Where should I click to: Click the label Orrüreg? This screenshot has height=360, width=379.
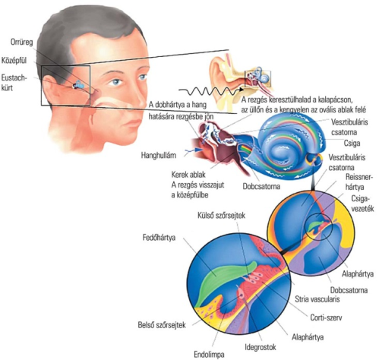(x=21, y=43)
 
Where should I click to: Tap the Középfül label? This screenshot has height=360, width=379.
(x=14, y=61)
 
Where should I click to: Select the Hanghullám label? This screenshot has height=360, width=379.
(x=158, y=155)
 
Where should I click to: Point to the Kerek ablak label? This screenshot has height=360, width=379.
(x=188, y=175)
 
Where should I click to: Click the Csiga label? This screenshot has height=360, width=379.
(x=352, y=144)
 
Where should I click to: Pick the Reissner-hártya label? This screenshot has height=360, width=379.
(x=359, y=182)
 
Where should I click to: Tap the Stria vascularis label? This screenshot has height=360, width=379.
(x=317, y=299)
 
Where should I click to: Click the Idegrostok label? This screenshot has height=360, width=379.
(x=261, y=347)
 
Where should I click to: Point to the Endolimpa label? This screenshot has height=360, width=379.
(x=209, y=355)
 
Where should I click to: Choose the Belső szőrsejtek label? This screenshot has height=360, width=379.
(x=162, y=325)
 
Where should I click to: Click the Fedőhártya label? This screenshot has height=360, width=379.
(x=159, y=238)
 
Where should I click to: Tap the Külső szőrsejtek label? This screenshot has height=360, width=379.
(x=221, y=216)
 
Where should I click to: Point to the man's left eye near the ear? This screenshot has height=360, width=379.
(x=116, y=82)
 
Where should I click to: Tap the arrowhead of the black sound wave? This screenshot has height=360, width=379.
(x=242, y=90)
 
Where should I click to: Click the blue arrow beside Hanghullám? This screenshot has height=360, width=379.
(x=194, y=150)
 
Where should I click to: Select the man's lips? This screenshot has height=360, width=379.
(x=132, y=124)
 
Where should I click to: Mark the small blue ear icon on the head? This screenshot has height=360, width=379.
(x=78, y=85)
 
